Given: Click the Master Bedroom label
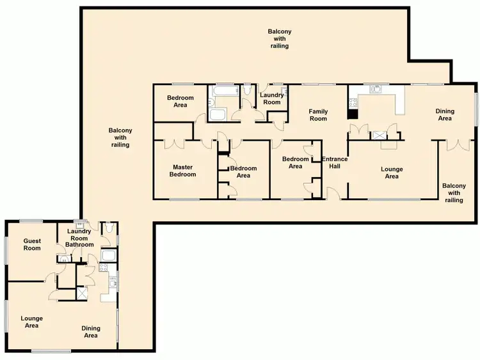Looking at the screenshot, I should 183,171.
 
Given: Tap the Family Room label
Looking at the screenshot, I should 318,115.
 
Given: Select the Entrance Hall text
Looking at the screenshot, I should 334,162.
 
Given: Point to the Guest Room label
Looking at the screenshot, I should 32,244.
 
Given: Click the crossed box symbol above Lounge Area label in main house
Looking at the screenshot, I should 380,136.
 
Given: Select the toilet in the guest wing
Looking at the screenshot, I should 108,228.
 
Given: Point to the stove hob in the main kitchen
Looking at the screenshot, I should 353,100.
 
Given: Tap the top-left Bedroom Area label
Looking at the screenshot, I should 180,101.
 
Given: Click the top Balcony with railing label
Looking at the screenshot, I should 279,38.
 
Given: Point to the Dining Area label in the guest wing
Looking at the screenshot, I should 91,332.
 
